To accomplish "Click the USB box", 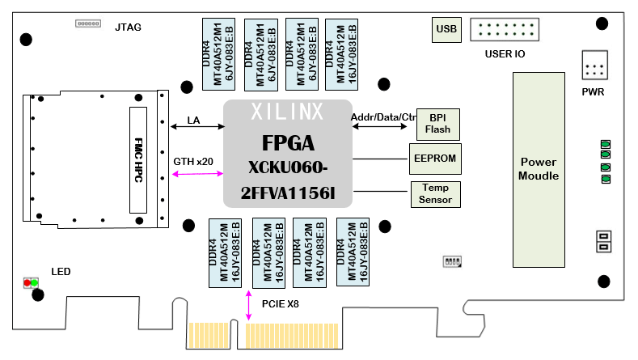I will (x=446, y=31).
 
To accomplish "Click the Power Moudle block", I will (x=539, y=169).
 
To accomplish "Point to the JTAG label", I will (x=128, y=28).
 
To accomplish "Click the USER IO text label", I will (x=505, y=54).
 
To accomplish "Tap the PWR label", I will (x=593, y=91).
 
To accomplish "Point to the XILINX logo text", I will (x=287, y=110).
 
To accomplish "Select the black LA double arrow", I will (x=197, y=126).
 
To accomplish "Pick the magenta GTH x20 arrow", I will (x=197, y=172).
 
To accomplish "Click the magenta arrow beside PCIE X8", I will (x=248, y=305).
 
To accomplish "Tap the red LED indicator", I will (x=27, y=283).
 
